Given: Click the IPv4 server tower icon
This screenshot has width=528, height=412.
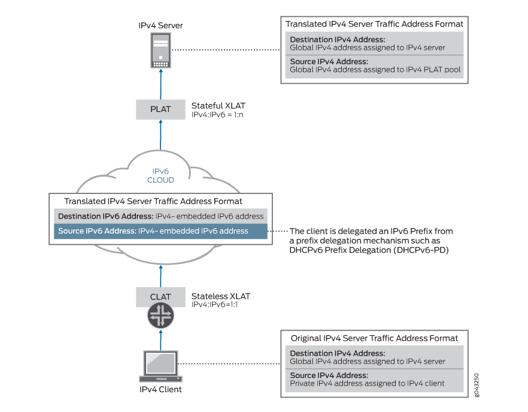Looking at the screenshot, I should point(160,51).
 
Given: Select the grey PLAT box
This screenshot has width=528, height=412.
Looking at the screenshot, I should point(160,109).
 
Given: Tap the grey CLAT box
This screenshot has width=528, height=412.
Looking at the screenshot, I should point(160,296).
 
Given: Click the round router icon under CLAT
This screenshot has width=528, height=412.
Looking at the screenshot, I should point(160,316).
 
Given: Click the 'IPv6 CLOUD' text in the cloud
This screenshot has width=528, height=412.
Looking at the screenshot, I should point(160,175).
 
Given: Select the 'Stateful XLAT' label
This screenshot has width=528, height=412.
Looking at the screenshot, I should point(218,105).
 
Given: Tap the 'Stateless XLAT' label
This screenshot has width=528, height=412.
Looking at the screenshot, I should point(220,296).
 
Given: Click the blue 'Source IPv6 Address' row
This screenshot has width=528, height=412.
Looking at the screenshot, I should point(160,231).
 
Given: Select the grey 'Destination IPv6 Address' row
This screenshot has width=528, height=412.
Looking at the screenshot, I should point(160,216).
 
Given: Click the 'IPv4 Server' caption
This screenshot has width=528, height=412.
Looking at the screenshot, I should point(160,25).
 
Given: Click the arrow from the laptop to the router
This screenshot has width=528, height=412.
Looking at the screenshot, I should point(160,340).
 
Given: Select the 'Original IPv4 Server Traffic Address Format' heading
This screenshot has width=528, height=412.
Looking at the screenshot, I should point(374,338).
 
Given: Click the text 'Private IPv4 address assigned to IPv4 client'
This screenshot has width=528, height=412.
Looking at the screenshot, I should point(367,383).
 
